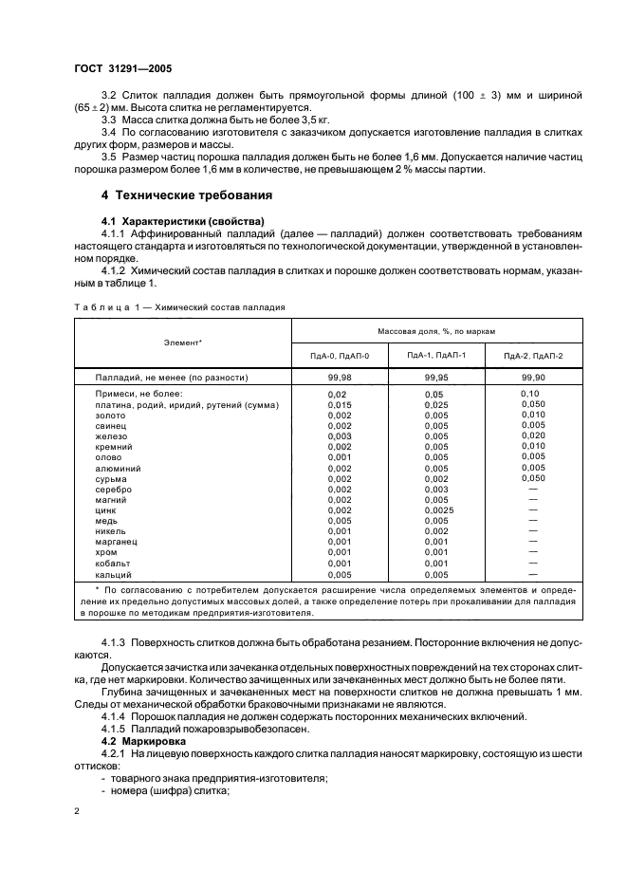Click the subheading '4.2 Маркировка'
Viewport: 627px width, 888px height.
click(x=141, y=737)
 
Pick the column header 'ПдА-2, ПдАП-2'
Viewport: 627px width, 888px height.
click(x=533, y=355)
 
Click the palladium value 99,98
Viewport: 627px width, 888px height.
click(x=339, y=377)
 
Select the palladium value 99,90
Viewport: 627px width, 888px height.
click(x=533, y=377)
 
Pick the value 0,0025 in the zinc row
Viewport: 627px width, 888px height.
click(x=436, y=509)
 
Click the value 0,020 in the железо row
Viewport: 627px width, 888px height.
click(x=533, y=435)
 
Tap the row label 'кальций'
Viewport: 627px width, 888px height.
click(x=112, y=574)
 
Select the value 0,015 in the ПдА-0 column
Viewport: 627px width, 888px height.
click(x=339, y=404)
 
